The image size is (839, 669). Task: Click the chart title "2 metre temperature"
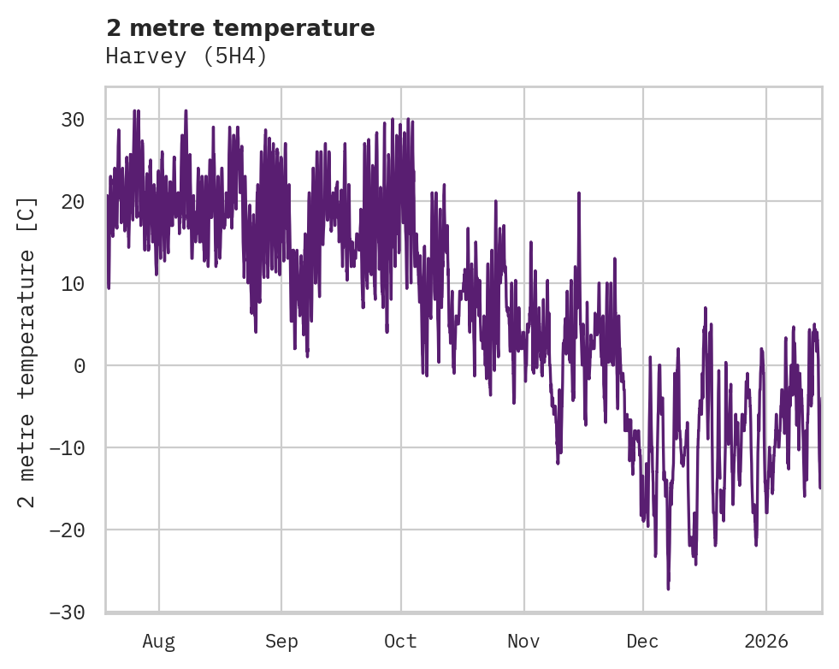240,28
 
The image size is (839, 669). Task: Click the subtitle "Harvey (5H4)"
186,56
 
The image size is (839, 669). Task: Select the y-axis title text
27,352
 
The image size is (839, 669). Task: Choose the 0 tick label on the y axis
79,366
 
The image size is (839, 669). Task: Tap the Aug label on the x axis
159,642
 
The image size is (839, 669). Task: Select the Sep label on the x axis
281,642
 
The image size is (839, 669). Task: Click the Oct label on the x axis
400,642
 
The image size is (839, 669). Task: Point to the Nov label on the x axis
523,642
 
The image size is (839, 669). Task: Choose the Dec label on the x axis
642,642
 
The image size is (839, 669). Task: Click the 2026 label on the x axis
766,642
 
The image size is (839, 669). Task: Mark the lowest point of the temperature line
668,589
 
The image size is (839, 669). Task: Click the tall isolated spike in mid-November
579,193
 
